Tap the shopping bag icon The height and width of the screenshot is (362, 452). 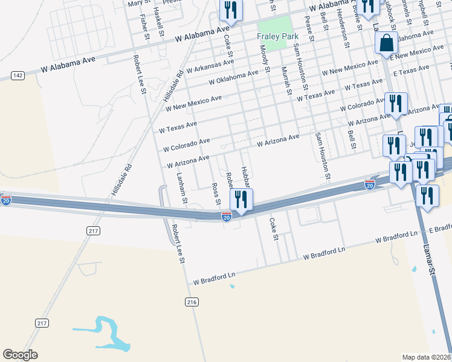386,43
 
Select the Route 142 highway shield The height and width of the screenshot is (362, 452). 18,75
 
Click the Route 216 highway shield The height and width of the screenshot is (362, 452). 192,302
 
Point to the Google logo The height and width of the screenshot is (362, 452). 21,355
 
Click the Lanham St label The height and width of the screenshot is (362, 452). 182,187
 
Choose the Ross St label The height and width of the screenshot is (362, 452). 215,194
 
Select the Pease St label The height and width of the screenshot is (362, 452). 309,29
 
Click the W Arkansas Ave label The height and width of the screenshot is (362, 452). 210,66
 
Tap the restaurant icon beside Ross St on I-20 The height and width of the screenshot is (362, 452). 241,199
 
